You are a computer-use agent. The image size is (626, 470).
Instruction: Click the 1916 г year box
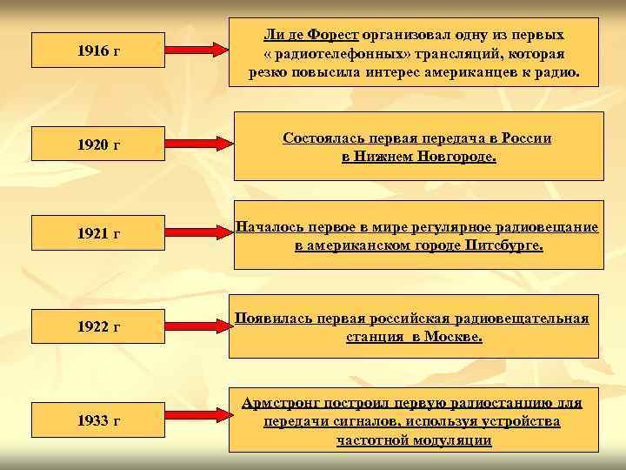97,51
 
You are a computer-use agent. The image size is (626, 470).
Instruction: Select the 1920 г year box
97,143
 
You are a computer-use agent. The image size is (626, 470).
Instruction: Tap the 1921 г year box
97,234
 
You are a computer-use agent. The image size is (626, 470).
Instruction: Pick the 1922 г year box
97,326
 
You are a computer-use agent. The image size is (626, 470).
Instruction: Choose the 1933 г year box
97,420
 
